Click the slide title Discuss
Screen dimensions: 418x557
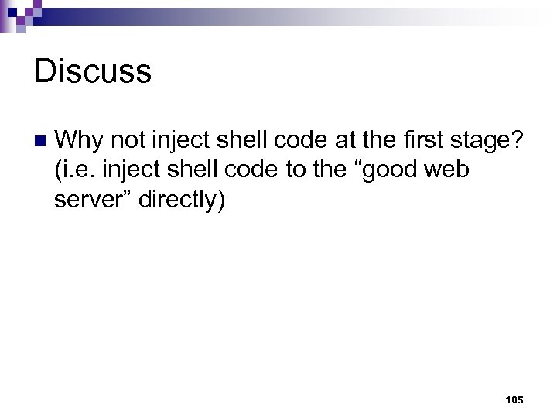click(x=93, y=72)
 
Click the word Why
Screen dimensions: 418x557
click(x=80, y=140)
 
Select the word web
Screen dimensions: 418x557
click(x=447, y=170)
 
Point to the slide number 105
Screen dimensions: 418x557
click(x=514, y=400)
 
